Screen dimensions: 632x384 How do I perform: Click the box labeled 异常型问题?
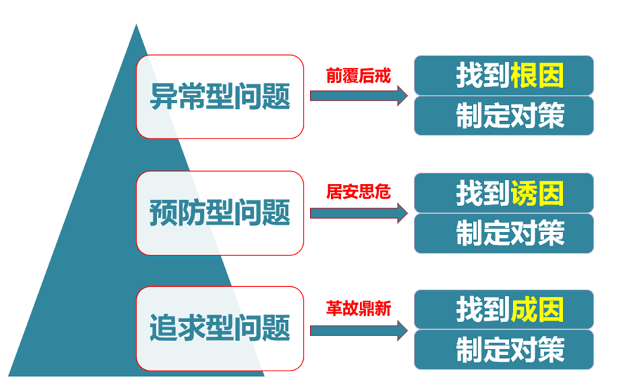point(219,97)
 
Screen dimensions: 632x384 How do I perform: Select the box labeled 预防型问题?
point(219,213)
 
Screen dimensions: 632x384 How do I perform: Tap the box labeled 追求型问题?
point(219,328)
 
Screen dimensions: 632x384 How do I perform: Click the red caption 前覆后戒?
point(359,76)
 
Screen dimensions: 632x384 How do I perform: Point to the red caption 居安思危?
point(359,191)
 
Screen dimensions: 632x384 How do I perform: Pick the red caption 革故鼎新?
point(359,309)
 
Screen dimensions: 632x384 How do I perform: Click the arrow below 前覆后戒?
point(359,96)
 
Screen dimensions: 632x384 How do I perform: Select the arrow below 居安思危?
point(359,213)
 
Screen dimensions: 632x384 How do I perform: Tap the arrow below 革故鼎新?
point(359,331)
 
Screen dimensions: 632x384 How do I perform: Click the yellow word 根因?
point(537,75)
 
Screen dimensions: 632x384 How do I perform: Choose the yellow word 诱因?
point(537,193)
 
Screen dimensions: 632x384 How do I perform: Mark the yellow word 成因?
point(537,309)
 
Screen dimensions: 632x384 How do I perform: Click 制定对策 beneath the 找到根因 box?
point(510,116)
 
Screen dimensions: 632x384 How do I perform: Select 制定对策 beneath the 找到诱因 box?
point(510,233)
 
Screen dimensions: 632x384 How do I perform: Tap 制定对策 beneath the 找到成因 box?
point(510,350)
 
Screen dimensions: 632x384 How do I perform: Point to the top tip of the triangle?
point(136,24)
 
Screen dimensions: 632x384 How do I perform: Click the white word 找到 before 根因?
point(483,75)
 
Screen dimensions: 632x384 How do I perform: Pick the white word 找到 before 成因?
point(483,309)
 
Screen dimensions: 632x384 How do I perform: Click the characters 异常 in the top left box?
point(178,97)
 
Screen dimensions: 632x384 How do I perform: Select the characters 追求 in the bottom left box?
point(178,328)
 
